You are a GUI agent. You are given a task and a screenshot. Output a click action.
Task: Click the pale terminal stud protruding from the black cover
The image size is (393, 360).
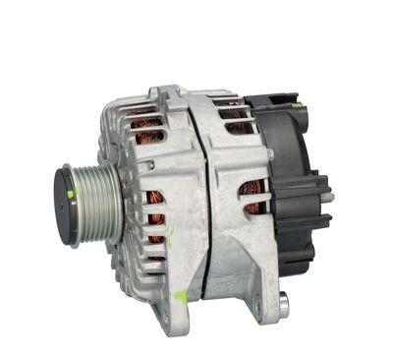327,198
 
